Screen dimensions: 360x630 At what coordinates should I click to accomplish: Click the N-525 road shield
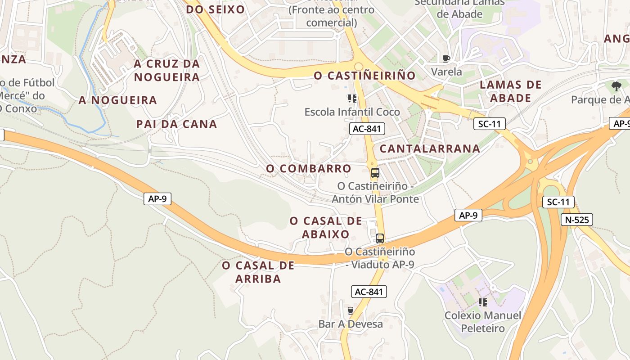click(576, 220)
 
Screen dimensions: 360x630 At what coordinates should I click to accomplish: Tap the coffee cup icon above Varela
click(446, 58)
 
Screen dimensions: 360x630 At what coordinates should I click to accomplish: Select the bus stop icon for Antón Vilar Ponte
click(375, 172)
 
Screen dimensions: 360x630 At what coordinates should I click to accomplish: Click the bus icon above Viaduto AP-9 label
click(380, 238)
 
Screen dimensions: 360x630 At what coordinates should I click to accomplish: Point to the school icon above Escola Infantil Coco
click(352, 98)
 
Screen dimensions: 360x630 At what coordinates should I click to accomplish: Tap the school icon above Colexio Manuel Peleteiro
click(483, 302)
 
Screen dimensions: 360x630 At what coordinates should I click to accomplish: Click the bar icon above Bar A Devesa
click(351, 310)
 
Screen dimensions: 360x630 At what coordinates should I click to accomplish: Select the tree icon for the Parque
click(616, 86)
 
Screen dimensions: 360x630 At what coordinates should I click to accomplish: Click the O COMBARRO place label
click(309, 168)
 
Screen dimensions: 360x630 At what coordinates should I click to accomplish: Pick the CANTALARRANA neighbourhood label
click(430, 148)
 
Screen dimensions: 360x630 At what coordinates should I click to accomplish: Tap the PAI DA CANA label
click(177, 124)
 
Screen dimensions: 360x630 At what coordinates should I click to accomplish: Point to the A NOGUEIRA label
click(118, 100)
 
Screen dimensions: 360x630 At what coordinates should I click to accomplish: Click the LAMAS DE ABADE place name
click(511, 91)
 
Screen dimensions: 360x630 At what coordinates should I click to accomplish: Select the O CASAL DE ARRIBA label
click(258, 272)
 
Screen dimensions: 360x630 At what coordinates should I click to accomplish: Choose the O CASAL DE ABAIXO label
click(326, 227)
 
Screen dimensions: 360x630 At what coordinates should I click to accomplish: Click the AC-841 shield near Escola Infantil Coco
click(367, 129)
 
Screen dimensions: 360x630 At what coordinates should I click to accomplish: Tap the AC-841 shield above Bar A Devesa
click(369, 292)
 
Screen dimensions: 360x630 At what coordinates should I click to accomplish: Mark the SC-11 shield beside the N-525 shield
click(558, 202)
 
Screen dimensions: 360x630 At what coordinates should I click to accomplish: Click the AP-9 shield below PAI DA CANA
click(157, 198)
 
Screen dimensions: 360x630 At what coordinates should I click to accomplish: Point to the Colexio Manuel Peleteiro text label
click(483, 322)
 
